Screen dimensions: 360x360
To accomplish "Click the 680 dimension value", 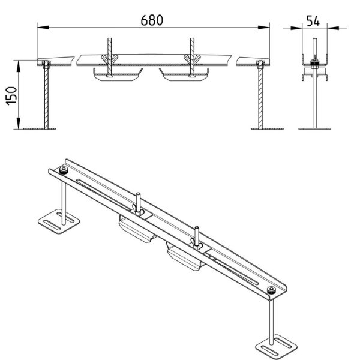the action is click(152, 20).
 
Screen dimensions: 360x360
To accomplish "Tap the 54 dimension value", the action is click(313, 21).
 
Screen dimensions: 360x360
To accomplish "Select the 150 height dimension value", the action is click(11, 96).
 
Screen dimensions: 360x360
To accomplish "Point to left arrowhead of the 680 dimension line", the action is click(43, 28).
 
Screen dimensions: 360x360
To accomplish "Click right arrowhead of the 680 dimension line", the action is click(263, 28).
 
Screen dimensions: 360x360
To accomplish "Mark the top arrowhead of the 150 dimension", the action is click(19, 66).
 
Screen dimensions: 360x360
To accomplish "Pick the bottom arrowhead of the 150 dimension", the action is click(19, 123).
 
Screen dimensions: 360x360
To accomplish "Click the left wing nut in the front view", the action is click(110, 59).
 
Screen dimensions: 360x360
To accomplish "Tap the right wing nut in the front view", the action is click(192, 59).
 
